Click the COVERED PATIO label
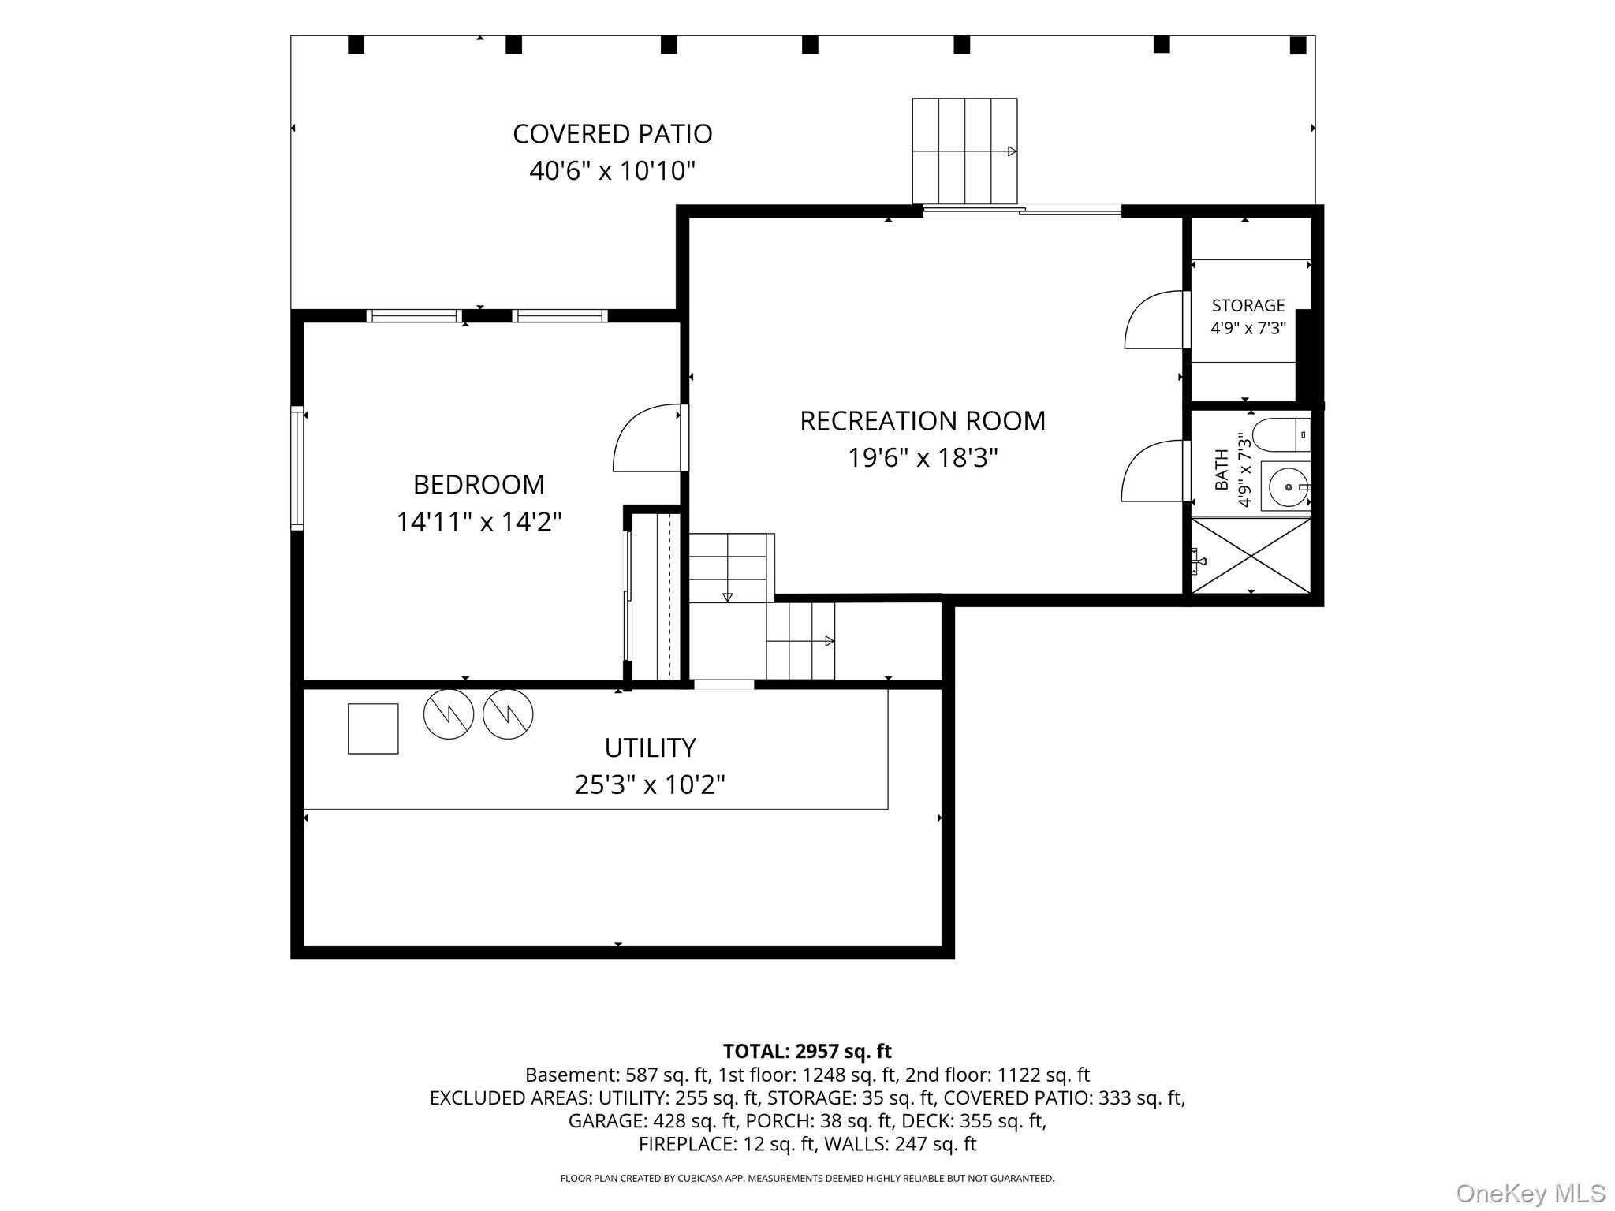pyautogui.click(x=613, y=134)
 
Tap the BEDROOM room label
pyautogui.click(x=479, y=484)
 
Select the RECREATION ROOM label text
pyautogui.click(x=923, y=421)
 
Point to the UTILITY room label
pyautogui.click(x=650, y=747)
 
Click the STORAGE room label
pyautogui.click(x=1248, y=305)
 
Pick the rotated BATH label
pyautogui.click(x=1222, y=469)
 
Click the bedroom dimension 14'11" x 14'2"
pyautogui.click(x=479, y=521)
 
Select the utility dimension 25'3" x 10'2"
pyautogui.click(x=650, y=784)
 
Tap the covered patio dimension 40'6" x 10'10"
pyautogui.click(x=613, y=170)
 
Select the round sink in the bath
pyautogui.click(x=1286, y=487)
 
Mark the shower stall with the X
pyautogui.click(x=1251, y=555)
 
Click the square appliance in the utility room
pyautogui.click(x=373, y=728)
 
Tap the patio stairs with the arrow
pyautogui.click(x=964, y=151)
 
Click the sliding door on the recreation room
pyautogui.click(x=1022, y=211)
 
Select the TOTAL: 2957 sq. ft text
pyautogui.click(x=807, y=1051)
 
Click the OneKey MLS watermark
pyautogui.click(x=1531, y=1193)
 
